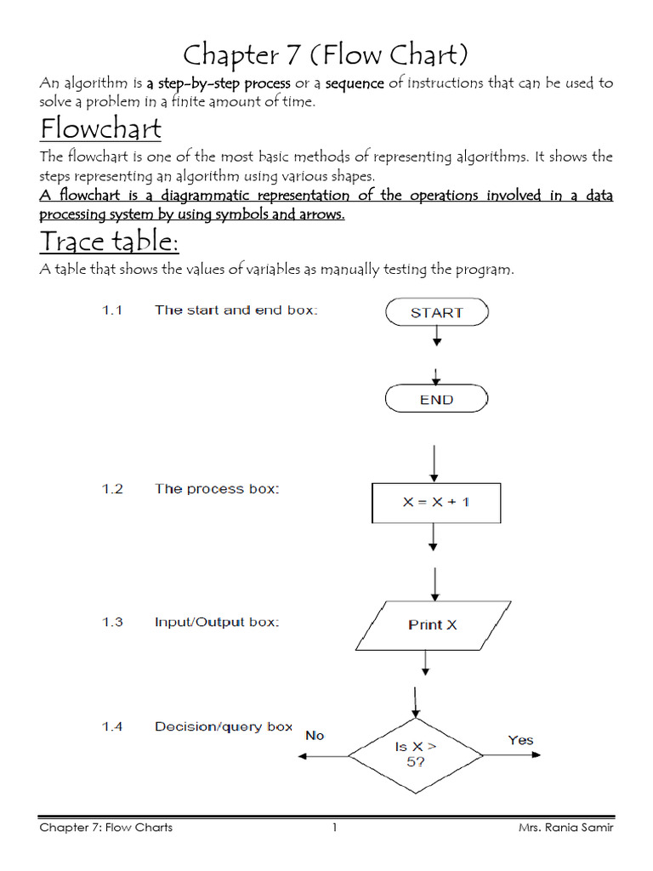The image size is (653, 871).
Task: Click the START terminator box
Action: tap(436, 312)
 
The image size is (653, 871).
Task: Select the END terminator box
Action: tap(436, 399)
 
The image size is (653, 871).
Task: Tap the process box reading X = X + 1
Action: tap(436, 502)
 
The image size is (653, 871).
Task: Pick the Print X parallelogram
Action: tap(433, 624)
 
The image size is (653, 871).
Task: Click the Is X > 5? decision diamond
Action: tap(416, 754)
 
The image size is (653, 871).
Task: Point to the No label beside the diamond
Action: tap(315, 735)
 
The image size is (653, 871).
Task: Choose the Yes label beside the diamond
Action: tap(520, 740)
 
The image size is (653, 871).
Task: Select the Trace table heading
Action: tap(109, 242)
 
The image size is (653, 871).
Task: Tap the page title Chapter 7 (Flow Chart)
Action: tap(326, 55)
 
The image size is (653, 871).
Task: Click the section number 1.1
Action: tap(113, 310)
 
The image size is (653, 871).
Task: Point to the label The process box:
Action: tap(216, 489)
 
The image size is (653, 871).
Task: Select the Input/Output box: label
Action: tap(216, 622)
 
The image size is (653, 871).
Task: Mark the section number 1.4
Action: tap(113, 726)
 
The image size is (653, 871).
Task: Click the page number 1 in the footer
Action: tap(335, 828)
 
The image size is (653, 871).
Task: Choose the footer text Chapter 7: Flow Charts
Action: tap(106, 828)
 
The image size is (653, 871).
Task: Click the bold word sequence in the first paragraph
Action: tap(355, 83)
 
